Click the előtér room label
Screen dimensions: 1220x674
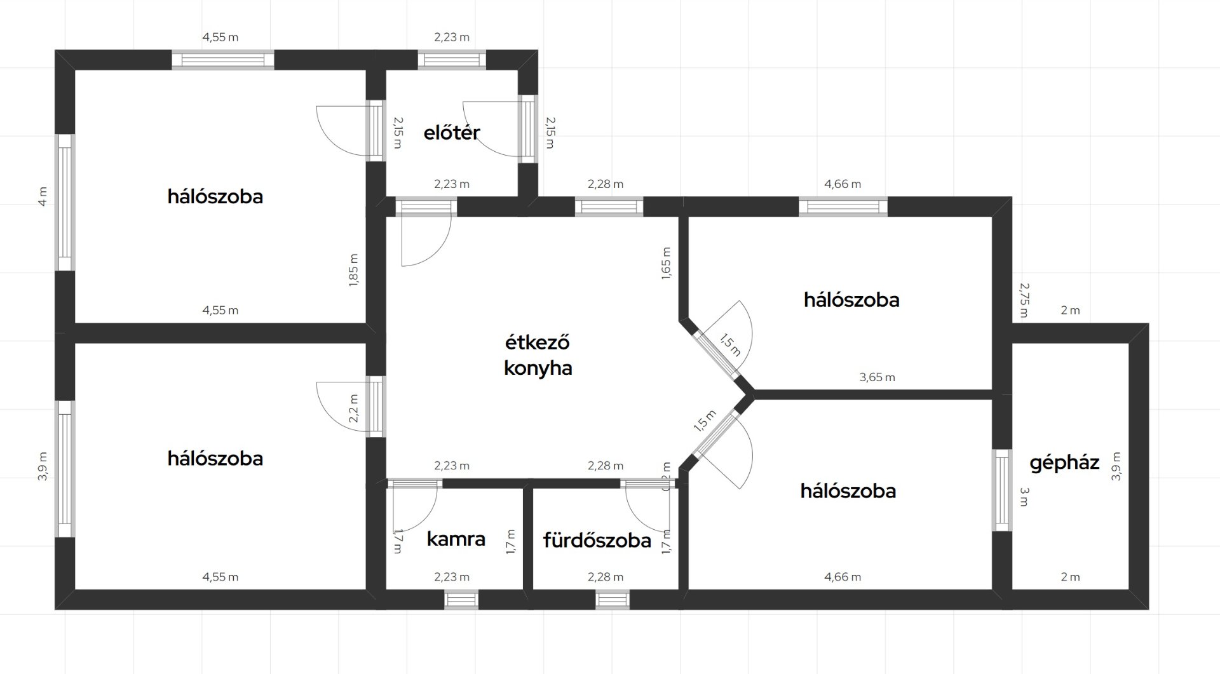452,132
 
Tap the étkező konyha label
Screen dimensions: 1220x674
538,355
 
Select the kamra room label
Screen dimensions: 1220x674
456,539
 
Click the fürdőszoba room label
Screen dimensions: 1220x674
597,540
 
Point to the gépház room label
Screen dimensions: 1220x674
1064,463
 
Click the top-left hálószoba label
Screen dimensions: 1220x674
215,196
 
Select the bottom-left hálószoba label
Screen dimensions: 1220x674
215,458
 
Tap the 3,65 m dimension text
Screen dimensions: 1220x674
877,377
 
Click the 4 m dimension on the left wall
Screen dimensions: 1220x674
43,196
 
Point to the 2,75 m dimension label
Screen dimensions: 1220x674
1024,300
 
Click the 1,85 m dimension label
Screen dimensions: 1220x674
354,270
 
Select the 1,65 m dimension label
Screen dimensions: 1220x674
666,262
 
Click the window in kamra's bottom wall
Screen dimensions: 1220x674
461,600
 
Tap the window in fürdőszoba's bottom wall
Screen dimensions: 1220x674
613,600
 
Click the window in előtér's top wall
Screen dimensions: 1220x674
452,60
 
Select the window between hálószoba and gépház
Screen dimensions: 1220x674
1002,490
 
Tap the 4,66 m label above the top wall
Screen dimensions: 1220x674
843,184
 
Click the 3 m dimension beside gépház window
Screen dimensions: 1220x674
1024,497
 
